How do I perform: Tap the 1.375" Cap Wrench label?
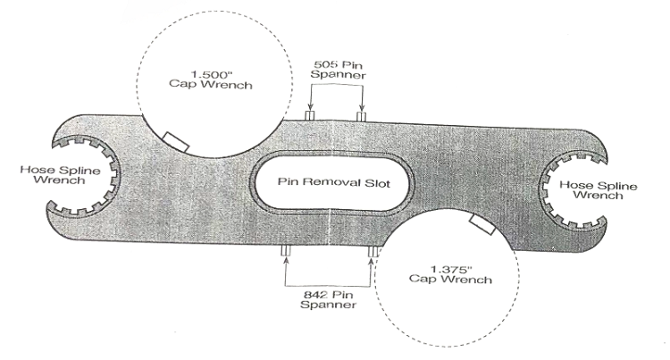click(x=448, y=274)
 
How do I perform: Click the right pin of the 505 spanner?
click(x=361, y=116)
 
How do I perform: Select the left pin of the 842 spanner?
click(x=285, y=254)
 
